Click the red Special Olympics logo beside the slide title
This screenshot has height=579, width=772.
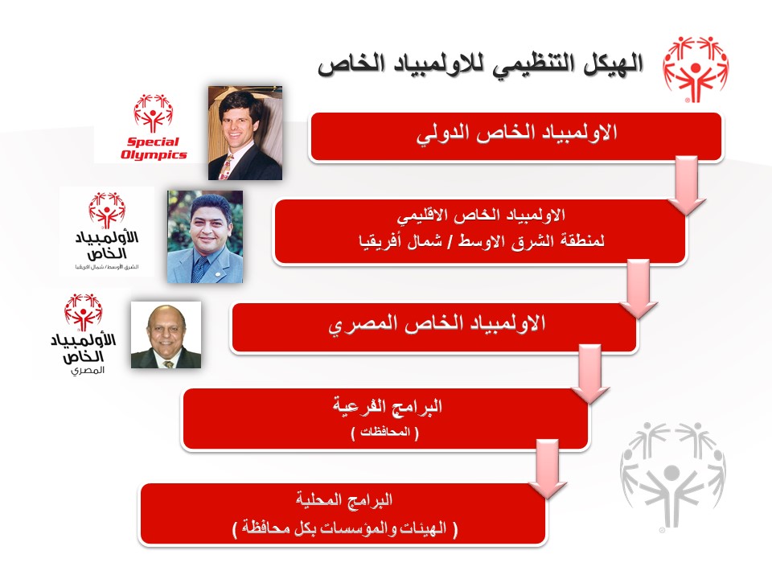coord(695,69)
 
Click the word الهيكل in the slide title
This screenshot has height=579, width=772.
coord(614,65)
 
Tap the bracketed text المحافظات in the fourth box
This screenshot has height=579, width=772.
coord(385,433)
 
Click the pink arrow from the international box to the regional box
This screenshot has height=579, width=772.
coord(686,185)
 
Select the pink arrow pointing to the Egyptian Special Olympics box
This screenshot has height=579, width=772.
coord(638,289)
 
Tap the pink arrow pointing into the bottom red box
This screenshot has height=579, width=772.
coord(548,469)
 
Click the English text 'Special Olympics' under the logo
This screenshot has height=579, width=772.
coord(154,148)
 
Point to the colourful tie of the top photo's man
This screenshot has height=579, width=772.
coord(225,167)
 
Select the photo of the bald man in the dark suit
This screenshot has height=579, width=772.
coord(166,335)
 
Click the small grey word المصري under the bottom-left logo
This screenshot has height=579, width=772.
coord(88,370)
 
